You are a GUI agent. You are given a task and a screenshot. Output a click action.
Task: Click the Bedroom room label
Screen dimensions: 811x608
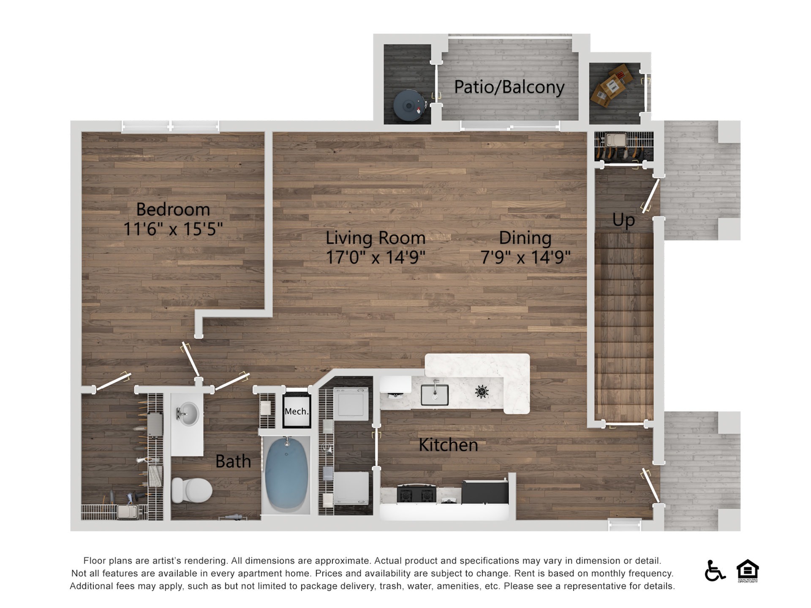coord(173,209)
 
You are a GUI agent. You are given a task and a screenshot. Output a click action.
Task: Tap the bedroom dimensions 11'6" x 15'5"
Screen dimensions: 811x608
coord(173,229)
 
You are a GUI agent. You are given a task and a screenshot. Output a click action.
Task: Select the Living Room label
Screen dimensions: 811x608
coord(376,238)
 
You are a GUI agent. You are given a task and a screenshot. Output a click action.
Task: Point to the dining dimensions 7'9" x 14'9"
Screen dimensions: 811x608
coord(525,257)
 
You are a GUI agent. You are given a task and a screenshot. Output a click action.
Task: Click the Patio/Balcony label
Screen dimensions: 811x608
coord(509,87)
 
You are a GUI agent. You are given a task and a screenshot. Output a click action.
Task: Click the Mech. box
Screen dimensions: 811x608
coord(297,411)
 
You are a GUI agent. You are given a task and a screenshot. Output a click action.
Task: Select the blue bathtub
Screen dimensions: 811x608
coord(287,474)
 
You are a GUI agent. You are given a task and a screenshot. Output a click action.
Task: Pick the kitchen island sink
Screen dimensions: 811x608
coord(435,395)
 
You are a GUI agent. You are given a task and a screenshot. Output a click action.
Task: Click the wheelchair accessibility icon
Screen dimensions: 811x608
coord(715,570)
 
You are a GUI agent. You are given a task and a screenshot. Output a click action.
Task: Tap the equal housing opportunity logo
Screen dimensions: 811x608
coord(748,571)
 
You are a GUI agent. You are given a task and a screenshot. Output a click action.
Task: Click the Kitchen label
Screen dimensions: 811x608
coord(448,445)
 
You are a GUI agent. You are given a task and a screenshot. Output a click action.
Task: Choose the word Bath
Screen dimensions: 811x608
coord(233,461)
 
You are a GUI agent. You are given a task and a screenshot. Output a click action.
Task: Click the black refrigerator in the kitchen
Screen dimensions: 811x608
coord(485,492)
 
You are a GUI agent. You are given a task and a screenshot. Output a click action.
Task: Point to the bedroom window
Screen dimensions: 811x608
coord(170,126)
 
